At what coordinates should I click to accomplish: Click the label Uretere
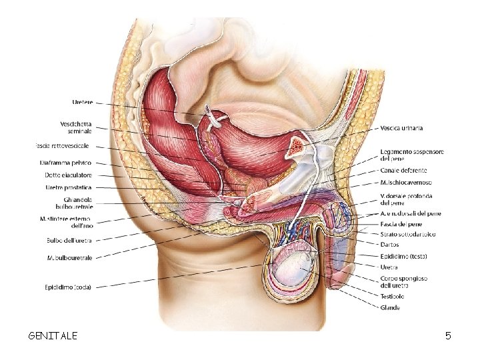(x=82, y=102)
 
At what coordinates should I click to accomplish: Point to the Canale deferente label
(x=403, y=171)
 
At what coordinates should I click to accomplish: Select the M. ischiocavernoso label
(x=405, y=182)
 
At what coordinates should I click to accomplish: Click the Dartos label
(x=391, y=244)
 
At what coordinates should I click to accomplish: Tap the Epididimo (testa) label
(x=404, y=256)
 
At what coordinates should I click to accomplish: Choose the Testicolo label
(x=393, y=296)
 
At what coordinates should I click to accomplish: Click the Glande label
(x=390, y=307)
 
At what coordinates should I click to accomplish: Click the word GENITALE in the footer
(x=53, y=335)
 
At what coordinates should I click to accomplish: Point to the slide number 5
(x=449, y=335)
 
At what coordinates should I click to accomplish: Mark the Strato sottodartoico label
(x=407, y=234)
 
